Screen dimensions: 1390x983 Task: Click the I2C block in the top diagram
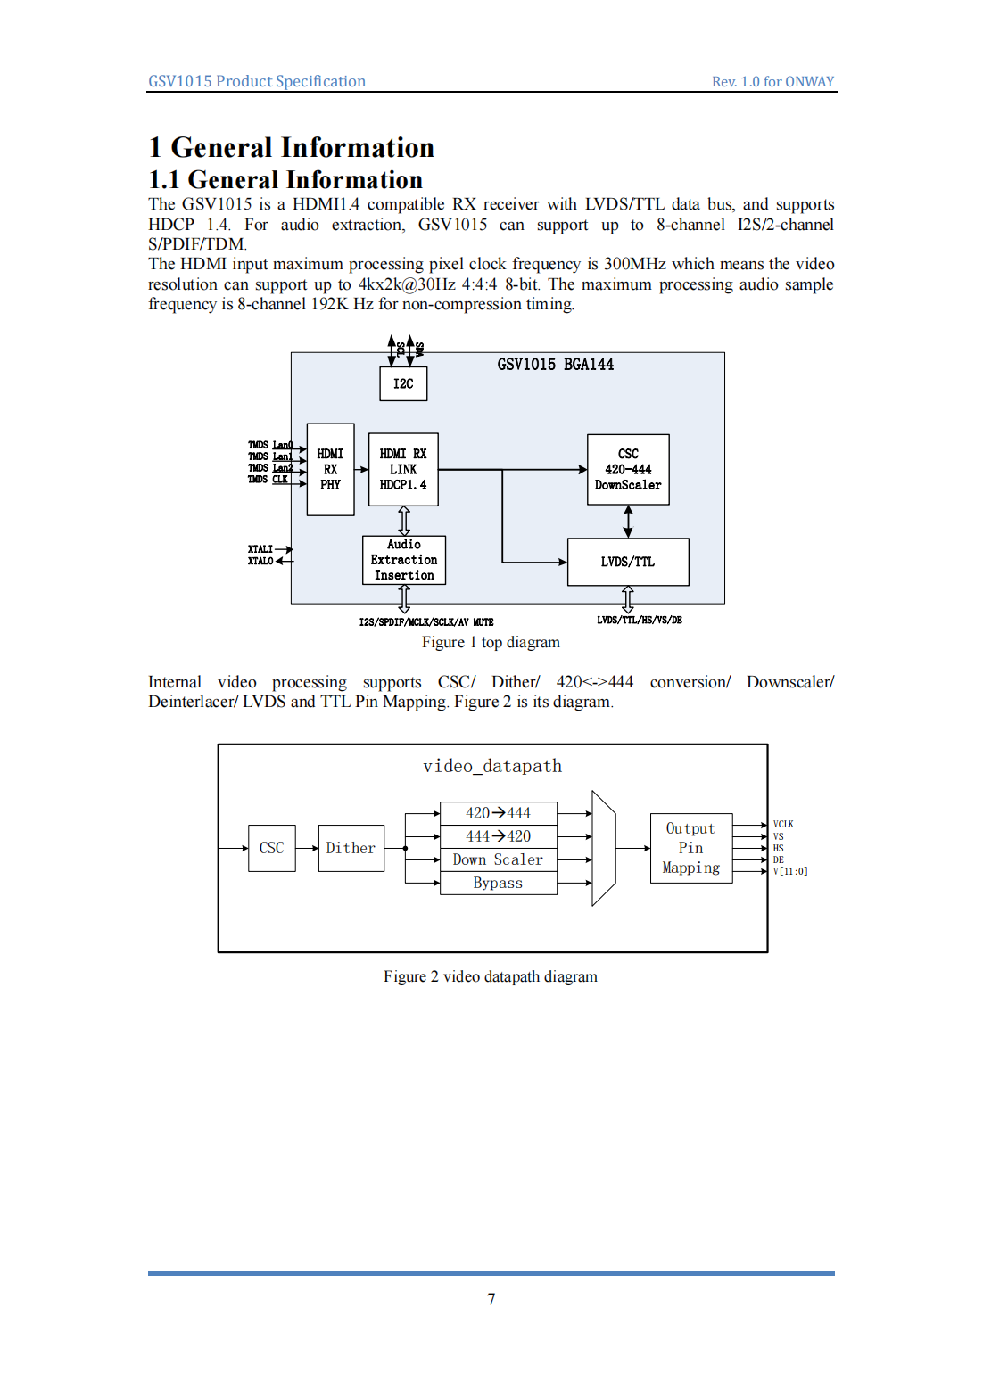pyautogui.click(x=403, y=383)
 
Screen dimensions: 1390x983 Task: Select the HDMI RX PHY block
pyautogui.click(x=330, y=469)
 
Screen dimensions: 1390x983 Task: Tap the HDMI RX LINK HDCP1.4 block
pyautogui.click(x=403, y=469)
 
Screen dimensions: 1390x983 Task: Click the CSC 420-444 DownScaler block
pyautogui.click(x=628, y=469)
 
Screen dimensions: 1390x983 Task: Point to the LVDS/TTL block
pyautogui.click(x=628, y=562)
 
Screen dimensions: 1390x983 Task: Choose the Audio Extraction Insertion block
pyautogui.click(x=404, y=560)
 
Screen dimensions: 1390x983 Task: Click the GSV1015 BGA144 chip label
pyautogui.click(x=555, y=364)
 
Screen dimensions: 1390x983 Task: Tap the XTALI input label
pyautogui.click(x=260, y=549)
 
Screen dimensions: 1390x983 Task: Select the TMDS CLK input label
pyautogui.click(x=268, y=480)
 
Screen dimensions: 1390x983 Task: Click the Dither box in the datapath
pyautogui.click(x=351, y=848)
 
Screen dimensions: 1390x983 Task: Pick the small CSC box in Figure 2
pyautogui.click(x=271, y=848)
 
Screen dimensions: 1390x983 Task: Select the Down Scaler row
pyautogui.click(x=498, y=859)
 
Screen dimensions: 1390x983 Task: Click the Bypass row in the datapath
pyautogui.click(x=498, y=883)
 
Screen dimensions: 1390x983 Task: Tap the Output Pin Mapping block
pyautogui.click(x=691, y=848)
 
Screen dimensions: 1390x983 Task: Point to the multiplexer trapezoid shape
pyautogui.click(x=604, y=848)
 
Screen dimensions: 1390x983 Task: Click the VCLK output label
pyautogui.click(x=783, y=825)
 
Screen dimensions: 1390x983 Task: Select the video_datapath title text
pyautogui.click(x=492, y=766)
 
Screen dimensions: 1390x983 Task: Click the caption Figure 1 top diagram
pyautogui.click(x=491, y=642)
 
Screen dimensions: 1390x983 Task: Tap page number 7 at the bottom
pyautogui.click(x=491, y=1299)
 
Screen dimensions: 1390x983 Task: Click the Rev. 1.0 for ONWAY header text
pyautogui.click(x=772, y=82)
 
